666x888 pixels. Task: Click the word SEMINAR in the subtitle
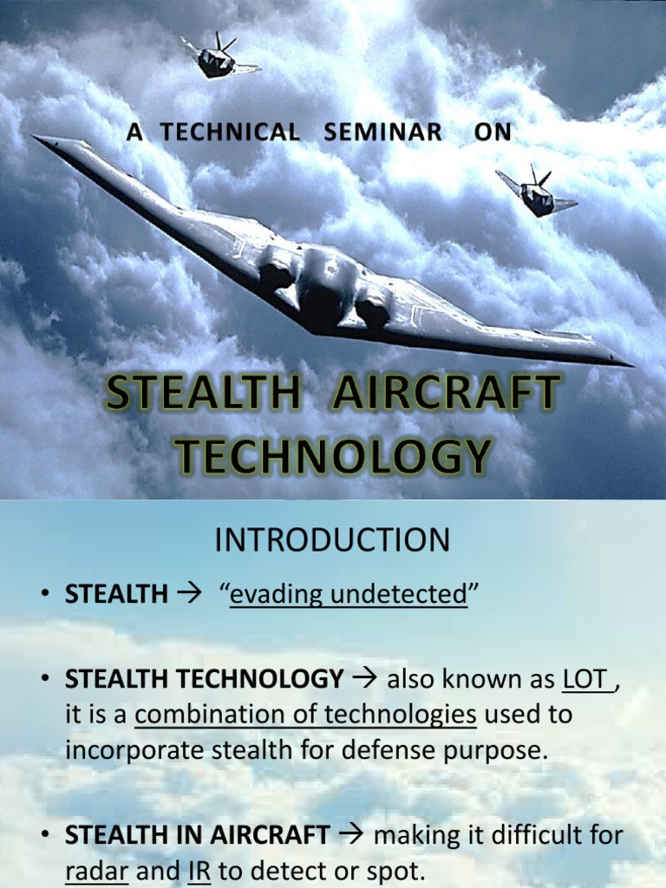click(382, 133)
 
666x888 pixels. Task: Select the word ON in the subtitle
click(493, 133)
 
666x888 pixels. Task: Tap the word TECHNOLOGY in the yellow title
click(331, 456)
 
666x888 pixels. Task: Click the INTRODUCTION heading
click(332, 541)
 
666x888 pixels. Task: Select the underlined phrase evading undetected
click(348, 594)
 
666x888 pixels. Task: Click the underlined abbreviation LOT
click(585, 679)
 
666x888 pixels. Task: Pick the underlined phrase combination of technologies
click(306, 715)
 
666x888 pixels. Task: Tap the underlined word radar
click(97, 872)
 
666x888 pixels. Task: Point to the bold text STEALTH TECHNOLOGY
click(204, 679)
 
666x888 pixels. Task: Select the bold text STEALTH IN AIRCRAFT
click(197, 837)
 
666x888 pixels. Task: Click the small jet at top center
click(217, 57)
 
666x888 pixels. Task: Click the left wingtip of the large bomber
click(36, 139)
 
